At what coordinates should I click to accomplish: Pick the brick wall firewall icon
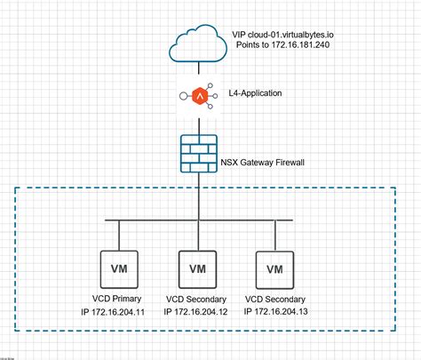point(196,152)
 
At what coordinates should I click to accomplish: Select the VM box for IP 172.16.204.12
point(196,267)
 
